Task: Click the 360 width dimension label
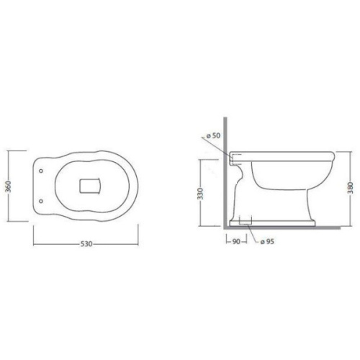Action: pos(9,186)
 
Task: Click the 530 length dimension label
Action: pos(86,244)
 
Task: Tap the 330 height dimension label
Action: pos(200,194)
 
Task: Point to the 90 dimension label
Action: pos(236,242)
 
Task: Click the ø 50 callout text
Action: pos(213,135)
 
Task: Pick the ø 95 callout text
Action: pos(267,242)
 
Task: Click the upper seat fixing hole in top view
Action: pos(41,171)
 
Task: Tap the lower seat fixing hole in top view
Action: pos(41,201)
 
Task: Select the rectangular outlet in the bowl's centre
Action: pos(90,186)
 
